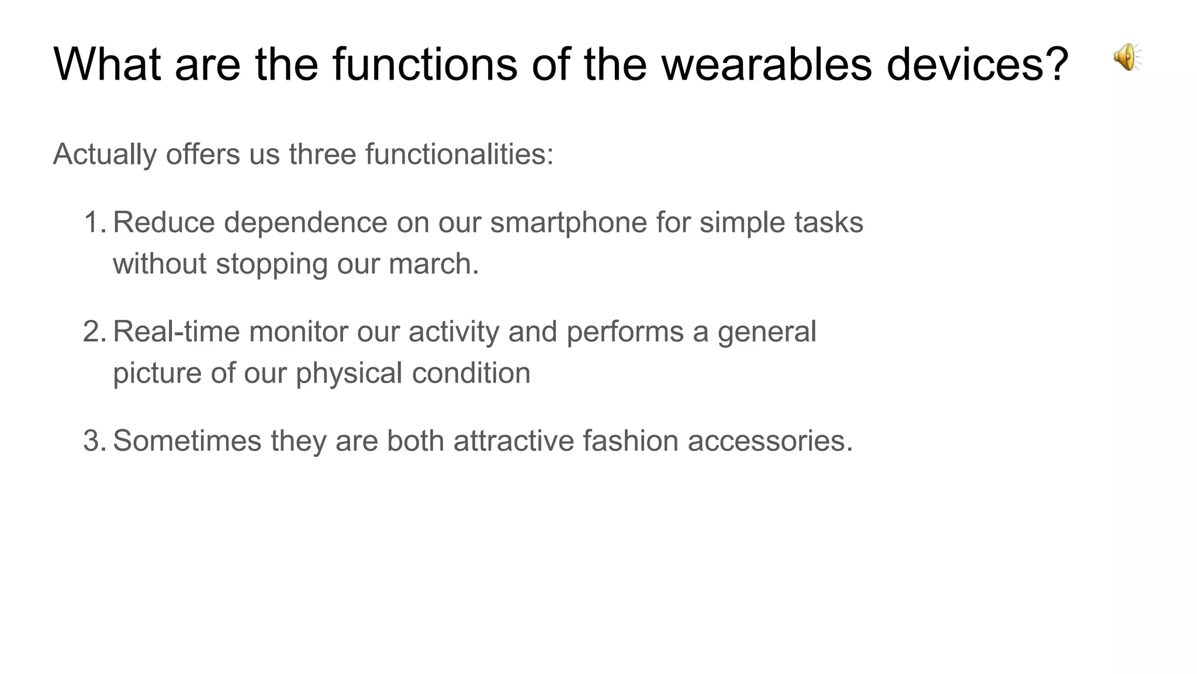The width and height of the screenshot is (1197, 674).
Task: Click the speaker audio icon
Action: point(1126,57)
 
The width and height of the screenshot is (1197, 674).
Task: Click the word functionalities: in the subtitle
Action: point(459,154)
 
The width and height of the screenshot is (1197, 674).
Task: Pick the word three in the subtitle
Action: point(322,154)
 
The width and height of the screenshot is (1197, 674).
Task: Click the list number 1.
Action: point(94,223)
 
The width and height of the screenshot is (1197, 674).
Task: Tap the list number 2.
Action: point(94,332)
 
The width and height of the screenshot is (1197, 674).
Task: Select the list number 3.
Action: point(94,441)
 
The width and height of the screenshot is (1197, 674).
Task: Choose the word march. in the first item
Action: point(433,264)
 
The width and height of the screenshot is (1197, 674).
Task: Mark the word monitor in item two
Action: point(298,332)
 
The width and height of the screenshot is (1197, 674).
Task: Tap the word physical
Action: point(348,373)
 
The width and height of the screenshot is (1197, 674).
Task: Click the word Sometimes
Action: point(187,441)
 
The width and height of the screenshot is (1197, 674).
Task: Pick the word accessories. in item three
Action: point(770,441)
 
